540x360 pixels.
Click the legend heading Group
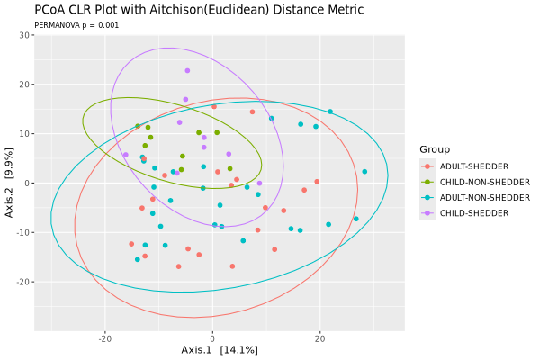click(434, 149)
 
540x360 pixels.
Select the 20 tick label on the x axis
click(319, 338)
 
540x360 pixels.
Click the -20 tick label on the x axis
click(105, 338)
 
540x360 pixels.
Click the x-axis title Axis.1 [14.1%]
click(220, 349)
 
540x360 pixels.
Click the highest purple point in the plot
click(187, 70)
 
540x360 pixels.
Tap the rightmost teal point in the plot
click(364, 172)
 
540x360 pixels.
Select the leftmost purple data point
click(125, 155)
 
